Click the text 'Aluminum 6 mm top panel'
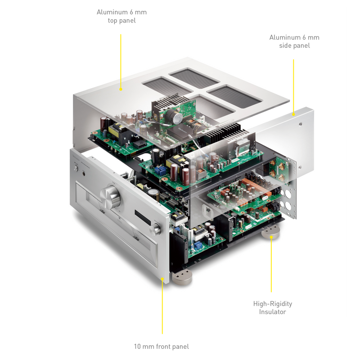click(x=121, y=16)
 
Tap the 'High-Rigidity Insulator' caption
click(x=272, y=308)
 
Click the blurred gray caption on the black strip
click(x=162, y=346)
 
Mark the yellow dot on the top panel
click(x=121, y=89)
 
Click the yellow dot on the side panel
click(x=294, y=114)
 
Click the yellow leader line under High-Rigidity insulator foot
click(x=271, y=265)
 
